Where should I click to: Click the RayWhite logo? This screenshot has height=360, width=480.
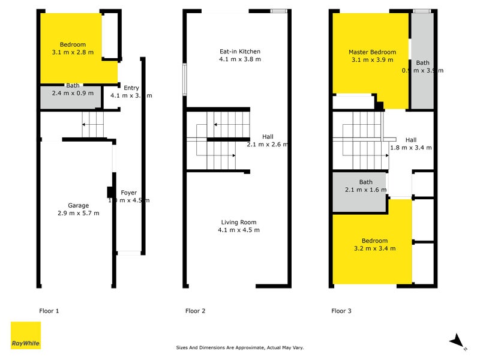click(x=26, y=335)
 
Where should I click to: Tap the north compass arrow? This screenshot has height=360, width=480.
click(x=458, y=341)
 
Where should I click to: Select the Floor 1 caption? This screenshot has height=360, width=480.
click(x=49, y=311)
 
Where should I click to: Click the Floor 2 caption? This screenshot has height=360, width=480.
click(x=196, y=311)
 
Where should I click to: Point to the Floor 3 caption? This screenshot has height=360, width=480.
click(x=342, y=311)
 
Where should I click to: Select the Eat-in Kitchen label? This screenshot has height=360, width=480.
click(x=240, y=52)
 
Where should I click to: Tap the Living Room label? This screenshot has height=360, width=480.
click(x=239, y=222)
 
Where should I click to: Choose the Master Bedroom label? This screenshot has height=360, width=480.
click(x=372, y=52)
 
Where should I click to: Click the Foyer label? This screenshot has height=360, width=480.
click(x=129, y=193)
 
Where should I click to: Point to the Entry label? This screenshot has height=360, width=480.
click(x=131, y=88)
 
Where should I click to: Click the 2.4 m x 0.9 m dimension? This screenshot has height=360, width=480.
click(x=73, y=93)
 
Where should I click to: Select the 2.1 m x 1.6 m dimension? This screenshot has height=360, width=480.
click(x=366, y=190)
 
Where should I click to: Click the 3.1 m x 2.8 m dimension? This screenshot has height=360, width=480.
click(x=73, y=52)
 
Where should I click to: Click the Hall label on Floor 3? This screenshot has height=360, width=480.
click(x=411, y=139)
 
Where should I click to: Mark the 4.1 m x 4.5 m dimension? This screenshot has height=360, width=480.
click(x=239, y=230)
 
